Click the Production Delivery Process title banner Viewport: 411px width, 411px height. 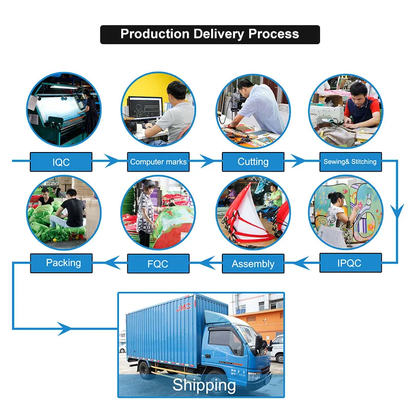tap(210, 34)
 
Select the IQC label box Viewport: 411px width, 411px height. tap(61, 162)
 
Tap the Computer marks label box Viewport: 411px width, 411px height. tap(158, 162)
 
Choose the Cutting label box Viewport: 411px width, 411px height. tap(253, 162)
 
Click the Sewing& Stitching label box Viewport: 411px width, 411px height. tap(350, 162)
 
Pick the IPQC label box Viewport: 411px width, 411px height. tap(350, 263)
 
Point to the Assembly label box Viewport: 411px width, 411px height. tap(253, 264)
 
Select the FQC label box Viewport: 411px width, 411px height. tap(158, 264)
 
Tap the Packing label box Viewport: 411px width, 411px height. tap(63, 263)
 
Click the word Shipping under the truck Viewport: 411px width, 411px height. tap(204, 385)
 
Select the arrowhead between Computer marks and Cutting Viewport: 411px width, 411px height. tap(208, 161)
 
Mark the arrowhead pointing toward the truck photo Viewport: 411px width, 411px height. tap(65, 328)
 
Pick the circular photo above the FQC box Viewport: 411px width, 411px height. tap(158, 212)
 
